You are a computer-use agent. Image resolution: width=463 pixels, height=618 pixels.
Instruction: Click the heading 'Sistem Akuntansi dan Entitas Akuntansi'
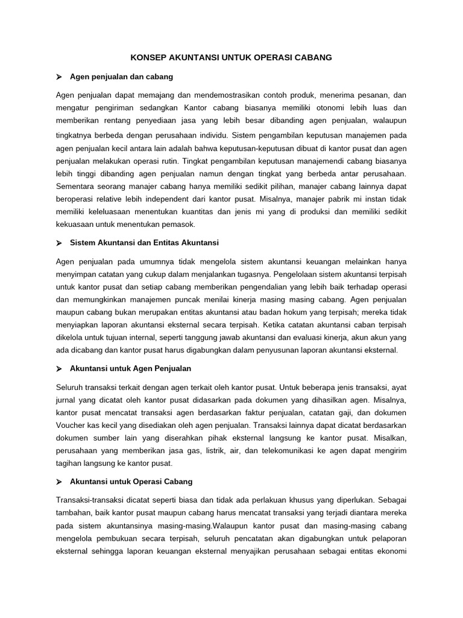(144, 243)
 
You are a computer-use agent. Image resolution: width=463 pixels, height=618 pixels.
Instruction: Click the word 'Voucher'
(72, 425)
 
